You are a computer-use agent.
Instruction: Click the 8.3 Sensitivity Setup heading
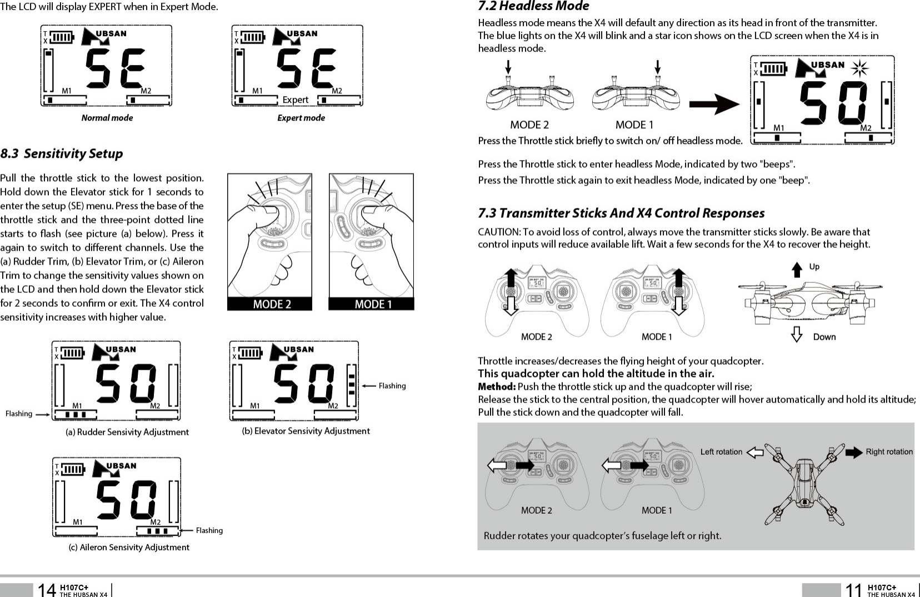(62, 153)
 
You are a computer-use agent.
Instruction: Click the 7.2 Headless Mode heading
(533, 6)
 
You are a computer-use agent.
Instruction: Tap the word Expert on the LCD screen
(295, 100)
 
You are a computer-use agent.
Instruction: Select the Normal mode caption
(107, 118)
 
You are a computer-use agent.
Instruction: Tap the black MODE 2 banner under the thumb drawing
(272, 304)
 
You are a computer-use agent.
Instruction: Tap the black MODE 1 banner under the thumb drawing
(373, 304)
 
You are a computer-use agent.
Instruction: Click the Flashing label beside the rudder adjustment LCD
(19, 414)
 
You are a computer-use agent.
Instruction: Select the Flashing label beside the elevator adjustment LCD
(392, 386)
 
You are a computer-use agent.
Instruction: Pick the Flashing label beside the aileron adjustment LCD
(209, 530)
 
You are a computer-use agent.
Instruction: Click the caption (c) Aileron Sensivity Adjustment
(129, 548)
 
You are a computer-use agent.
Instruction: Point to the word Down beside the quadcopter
(824, 337)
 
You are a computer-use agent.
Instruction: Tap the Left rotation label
(721, 452)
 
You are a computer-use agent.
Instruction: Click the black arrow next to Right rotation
(854, 452)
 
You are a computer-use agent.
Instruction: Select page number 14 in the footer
(47, 590)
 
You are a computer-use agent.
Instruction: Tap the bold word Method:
(497, 386)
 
